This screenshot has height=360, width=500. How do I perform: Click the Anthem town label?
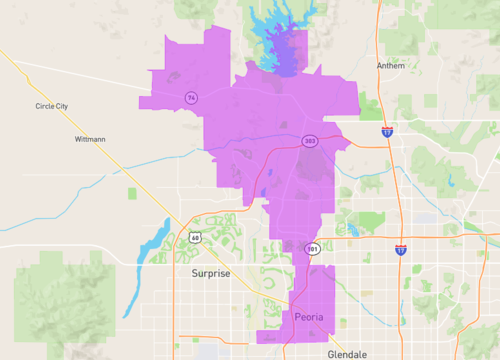[x=391, y=66]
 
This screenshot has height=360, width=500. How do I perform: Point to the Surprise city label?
[x=211, y=273]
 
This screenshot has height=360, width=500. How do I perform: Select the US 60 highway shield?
[x=193, y=238]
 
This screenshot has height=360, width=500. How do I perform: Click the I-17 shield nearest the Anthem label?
[x=386, y=131]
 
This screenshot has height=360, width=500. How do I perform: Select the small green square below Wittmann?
[x=134, y=192]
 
